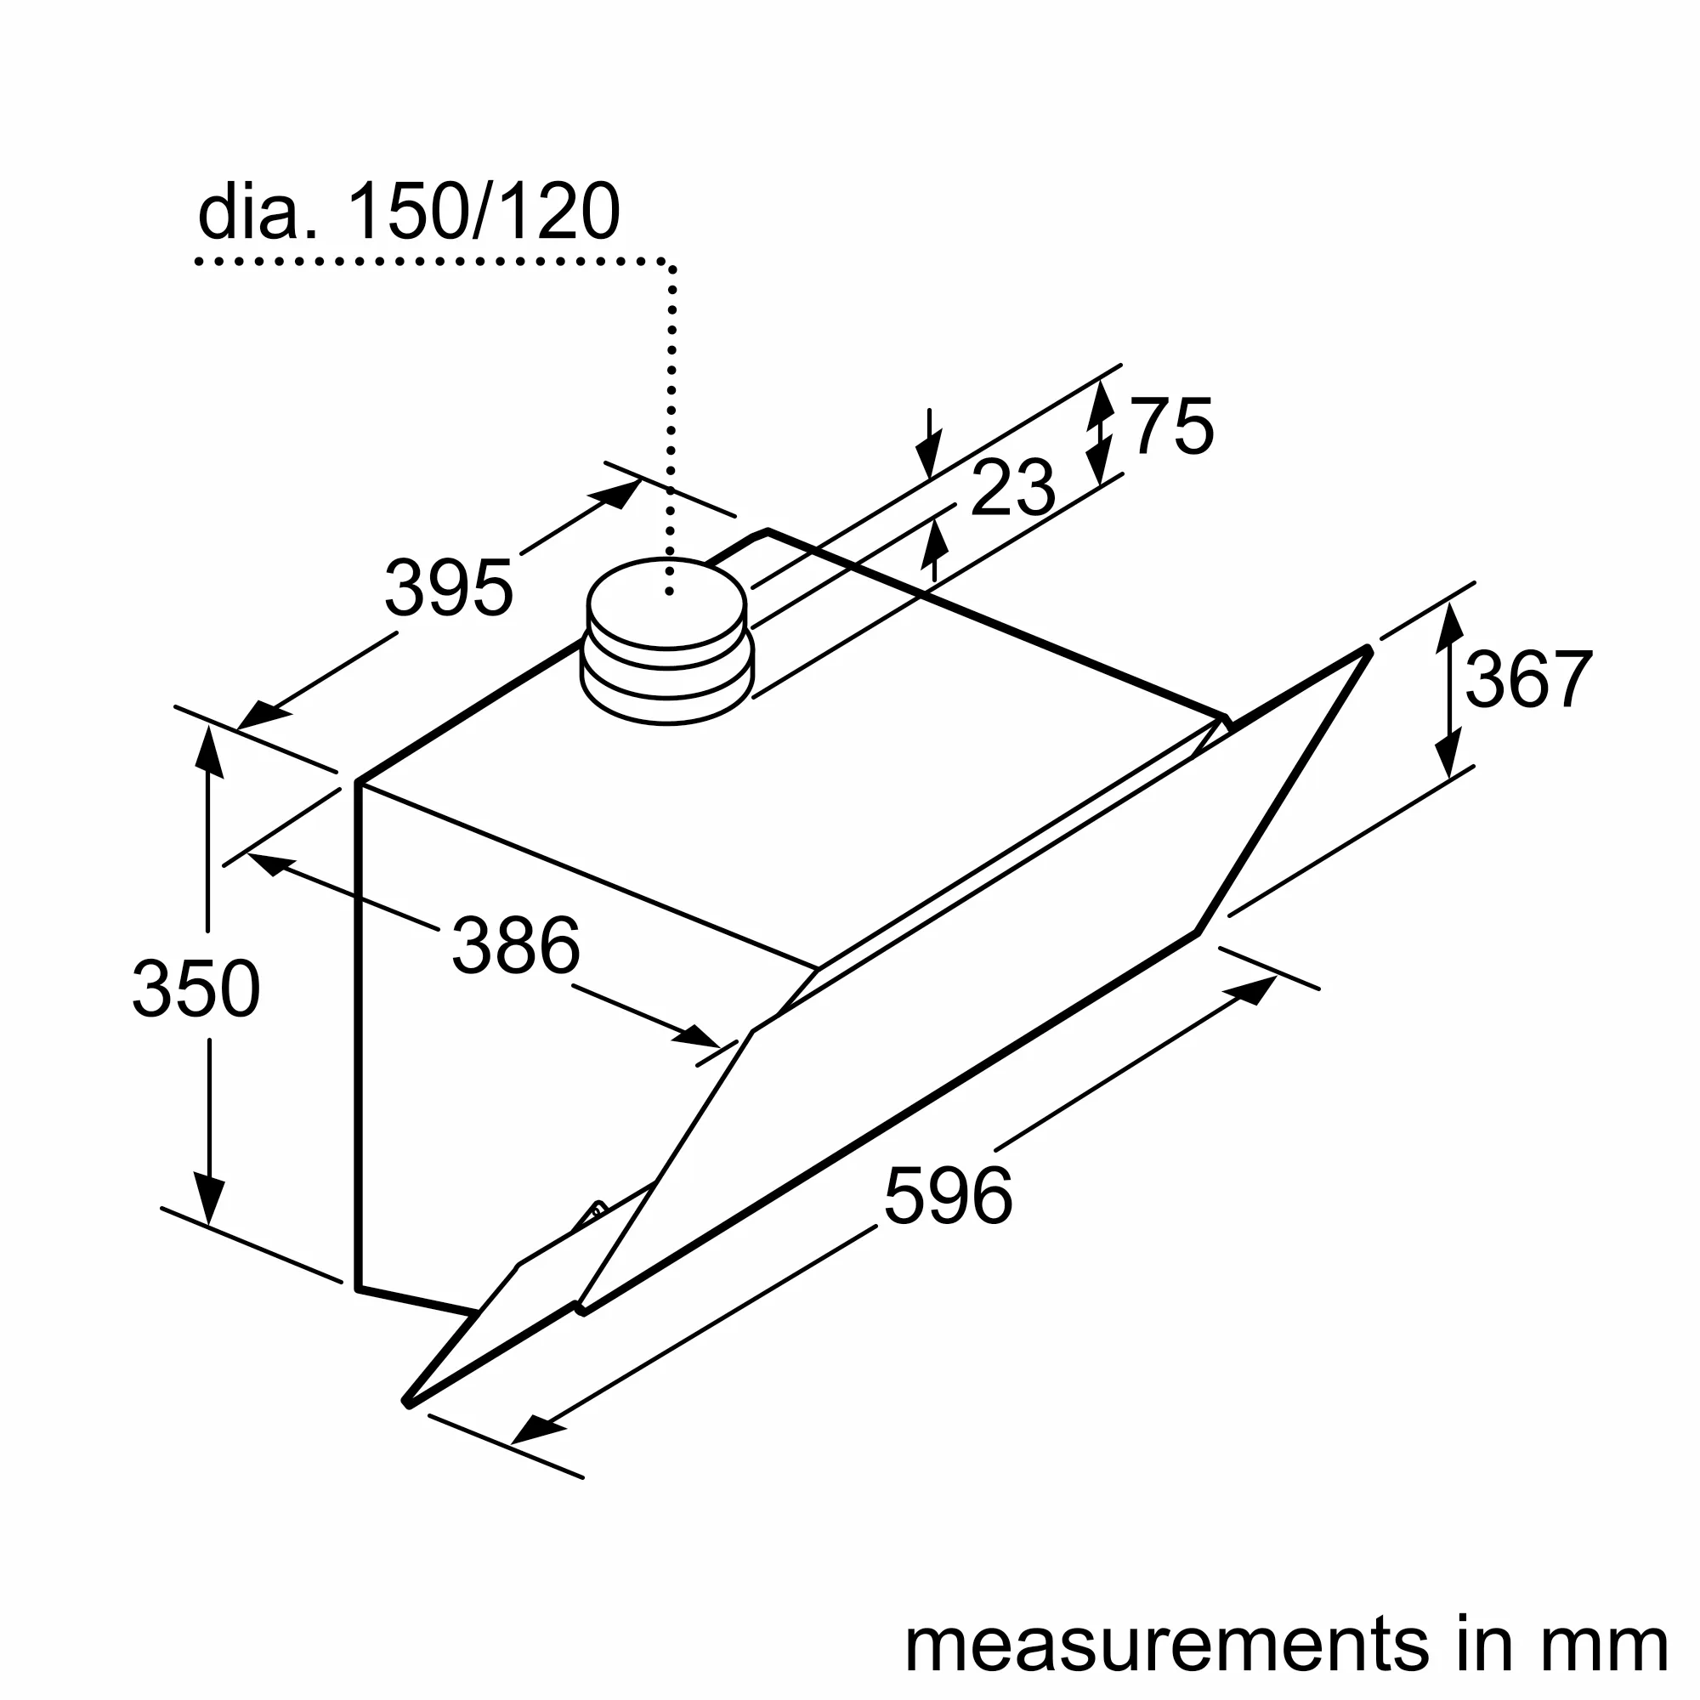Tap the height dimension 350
pos(196,989)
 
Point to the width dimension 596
pos(948,1195)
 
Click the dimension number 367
pos(1529,679)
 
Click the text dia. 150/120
pos(409,212)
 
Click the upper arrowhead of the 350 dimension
pos(207,752)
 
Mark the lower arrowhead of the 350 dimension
pos(208,1199)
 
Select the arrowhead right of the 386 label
pos(699,1036)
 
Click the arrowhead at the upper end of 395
pos(620,493)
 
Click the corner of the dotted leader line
pos(671,264)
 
